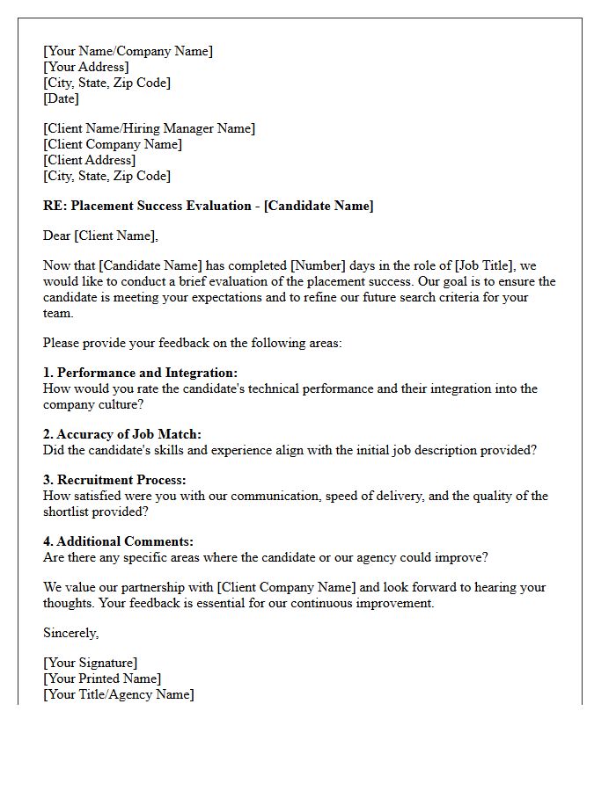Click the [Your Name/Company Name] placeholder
pos(128,51)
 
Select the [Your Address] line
pos(85,67)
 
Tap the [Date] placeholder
pos(61,98)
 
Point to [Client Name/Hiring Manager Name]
pos(149,128)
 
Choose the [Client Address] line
pos(89,160)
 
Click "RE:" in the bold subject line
pos(55,206)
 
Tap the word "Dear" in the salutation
pos(57,236)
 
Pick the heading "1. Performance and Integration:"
pos(140,373)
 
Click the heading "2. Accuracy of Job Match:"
pos(122,434)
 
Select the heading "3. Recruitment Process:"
pos(114,480)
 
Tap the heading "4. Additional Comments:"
pos(118,541)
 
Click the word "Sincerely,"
pos(71,633)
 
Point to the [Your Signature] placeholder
pos(90,663)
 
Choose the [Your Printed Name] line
pos(102,679)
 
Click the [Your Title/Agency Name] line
pos(118,694)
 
